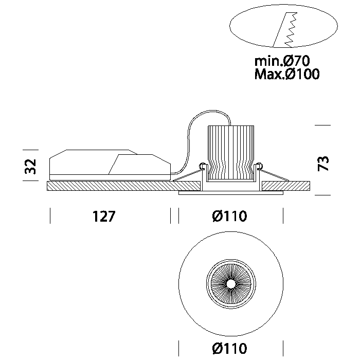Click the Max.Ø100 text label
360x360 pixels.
point(286,75)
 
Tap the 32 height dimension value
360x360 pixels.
point(31,166)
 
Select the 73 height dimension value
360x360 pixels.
point(323,164)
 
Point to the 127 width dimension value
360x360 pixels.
point(104,217)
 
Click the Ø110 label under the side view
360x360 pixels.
point(229,217)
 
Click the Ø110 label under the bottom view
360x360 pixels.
point(229,349)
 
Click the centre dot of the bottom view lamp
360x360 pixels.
point(230,283)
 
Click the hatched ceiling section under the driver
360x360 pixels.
point(108,186)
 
